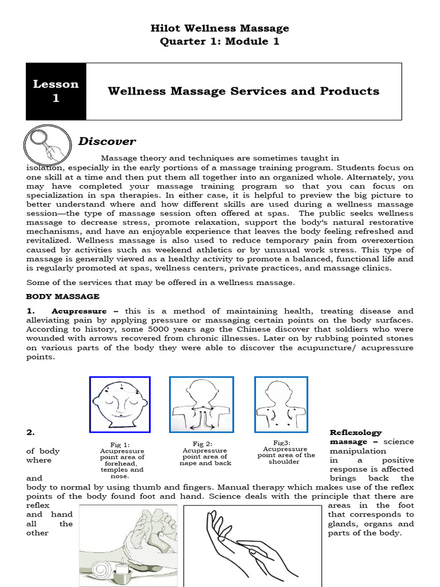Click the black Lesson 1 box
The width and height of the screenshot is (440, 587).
coord(56,91)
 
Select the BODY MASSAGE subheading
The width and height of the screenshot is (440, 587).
coord(63,296)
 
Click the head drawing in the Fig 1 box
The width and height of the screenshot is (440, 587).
coord(120,404)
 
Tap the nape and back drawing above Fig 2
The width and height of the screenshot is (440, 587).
coord(201,404)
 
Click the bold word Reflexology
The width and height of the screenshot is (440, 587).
coord(355,432)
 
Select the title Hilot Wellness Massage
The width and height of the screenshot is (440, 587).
coord(220,28)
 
